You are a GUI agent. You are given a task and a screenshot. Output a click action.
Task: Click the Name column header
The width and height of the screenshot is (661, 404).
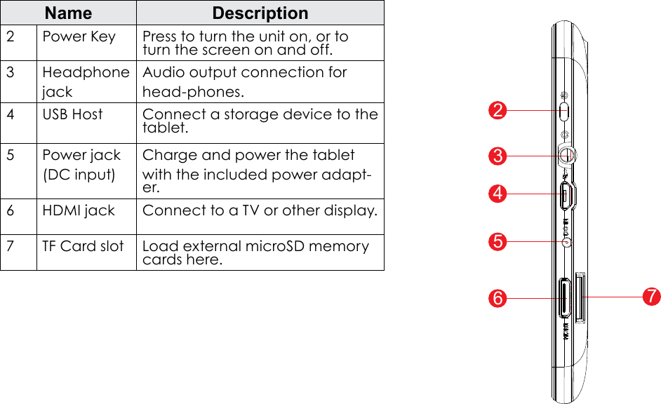pyautogui.click(x=68, y=13)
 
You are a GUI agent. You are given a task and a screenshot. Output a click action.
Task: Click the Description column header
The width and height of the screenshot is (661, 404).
pyautogui.click(x=260, y=13)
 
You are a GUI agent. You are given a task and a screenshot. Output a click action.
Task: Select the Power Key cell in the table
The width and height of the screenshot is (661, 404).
pyautogui.click(x=79, y=36)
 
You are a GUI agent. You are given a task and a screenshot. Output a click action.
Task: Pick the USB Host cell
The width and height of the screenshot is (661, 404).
pyautogui.click(x=72, y=114)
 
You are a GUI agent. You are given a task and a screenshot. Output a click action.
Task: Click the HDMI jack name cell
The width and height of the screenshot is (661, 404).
pyautogui.click(x=79, y=210)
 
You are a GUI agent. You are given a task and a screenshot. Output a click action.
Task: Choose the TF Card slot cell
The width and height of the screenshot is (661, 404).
pyautogui.click(x=83, y=246)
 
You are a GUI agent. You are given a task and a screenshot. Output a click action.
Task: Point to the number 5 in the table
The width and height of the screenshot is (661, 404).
pyautogui.click(x=11, y=155)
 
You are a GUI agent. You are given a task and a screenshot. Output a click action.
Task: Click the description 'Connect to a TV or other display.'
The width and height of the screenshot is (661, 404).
pyautogui.click(x=260, y=210)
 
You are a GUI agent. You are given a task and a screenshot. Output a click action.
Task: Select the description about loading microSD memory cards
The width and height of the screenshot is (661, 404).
pyautogui.click(x=255, y=253)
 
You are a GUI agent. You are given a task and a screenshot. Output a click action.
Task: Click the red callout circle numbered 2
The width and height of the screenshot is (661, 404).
pyautogui.click(x=498, y=111)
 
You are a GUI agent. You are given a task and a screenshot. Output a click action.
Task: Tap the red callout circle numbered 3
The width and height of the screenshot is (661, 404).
pyautogui.click(x=498, y=156)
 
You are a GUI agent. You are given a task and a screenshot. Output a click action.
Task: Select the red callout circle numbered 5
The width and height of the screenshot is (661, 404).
pyautogui.click(x=498, y=242)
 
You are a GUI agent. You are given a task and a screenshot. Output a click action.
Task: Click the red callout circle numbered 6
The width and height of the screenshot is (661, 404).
pyautogui.click(x=498, y=298)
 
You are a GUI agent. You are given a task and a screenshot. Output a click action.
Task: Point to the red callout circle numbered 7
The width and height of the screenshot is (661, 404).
pyautogui.click(x=652, y=297)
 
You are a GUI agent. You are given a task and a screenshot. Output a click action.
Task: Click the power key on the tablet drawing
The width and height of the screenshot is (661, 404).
pyautogui.click(x=566, y=111)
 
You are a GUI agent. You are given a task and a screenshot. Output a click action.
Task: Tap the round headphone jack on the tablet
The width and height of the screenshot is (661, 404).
pyautogui.click(x=568, y=155)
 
